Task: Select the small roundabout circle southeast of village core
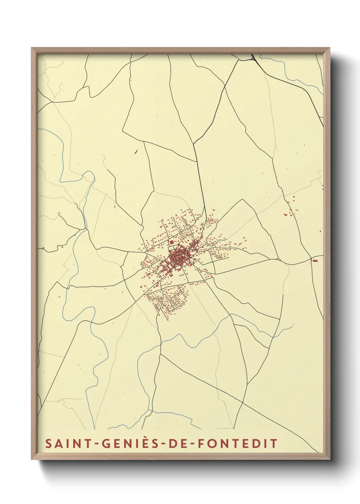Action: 198,269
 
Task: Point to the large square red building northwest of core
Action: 171,242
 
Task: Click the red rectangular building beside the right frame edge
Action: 315,261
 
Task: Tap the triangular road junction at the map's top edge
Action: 253,58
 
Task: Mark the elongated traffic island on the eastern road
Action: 278,259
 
